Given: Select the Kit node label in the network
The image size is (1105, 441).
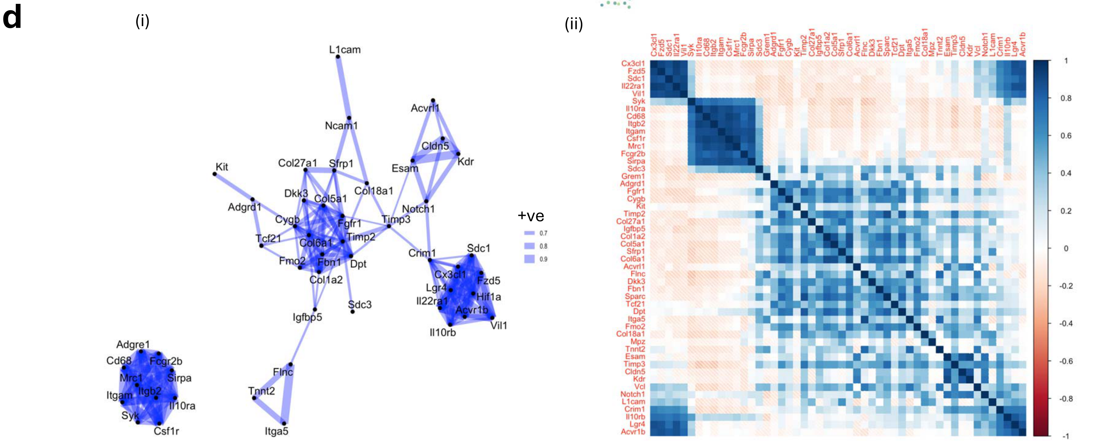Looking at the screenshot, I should pos(222,167).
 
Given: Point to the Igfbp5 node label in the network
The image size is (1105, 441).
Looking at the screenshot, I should pos(307,317).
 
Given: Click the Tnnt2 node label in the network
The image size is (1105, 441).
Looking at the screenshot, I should pos(261,391).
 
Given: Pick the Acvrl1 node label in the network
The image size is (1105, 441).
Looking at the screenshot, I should pos(425,108).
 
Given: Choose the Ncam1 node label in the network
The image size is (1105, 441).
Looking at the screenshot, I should pos(341,126).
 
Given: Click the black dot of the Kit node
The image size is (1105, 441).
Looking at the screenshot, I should pos(215,174).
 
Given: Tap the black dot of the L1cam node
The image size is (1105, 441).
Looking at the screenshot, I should pos(338,57).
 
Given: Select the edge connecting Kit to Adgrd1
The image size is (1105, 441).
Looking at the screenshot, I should pos(234,187).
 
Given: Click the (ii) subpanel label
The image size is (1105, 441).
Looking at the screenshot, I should pos(574,25).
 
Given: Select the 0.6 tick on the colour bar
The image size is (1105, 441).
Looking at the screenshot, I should pos(1066,136).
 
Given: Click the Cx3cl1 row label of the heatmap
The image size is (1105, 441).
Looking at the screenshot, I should pos(633,63).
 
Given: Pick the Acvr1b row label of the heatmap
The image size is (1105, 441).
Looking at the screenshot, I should pos(633,431).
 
